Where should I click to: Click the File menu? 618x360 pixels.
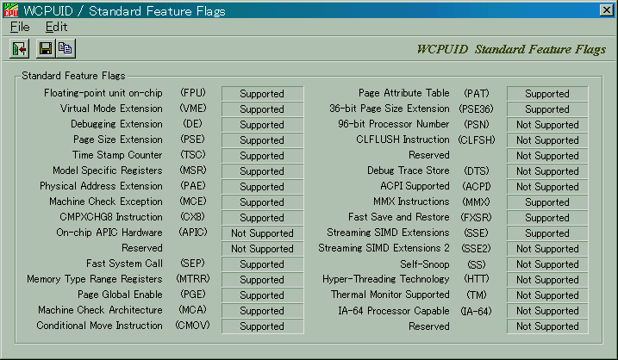click(20, 27)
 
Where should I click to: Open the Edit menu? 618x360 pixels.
click(56, 27)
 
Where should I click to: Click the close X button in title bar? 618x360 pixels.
click(606, 10)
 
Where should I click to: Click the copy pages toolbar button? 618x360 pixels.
click(66, 48)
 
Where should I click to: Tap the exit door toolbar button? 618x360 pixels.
click(19, 49)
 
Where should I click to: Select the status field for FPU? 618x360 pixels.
click(262, 94)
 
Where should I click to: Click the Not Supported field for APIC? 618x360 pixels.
click(262, 233)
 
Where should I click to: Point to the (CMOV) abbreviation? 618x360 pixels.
click(193, 326)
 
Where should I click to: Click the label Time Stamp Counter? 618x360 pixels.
click(117, 155)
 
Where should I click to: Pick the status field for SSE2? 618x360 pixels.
click(547, 249)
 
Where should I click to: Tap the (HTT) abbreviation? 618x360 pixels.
click(477, 279)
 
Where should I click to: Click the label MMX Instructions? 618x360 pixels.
click(411, 202)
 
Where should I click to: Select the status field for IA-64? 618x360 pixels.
click(547, 311)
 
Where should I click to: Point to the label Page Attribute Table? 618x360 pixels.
click(403, 93)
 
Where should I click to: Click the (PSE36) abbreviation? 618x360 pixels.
click(477, 109)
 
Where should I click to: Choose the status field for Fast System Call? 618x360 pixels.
click(262, 264)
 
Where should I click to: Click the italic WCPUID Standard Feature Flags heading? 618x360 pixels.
click(511, 49)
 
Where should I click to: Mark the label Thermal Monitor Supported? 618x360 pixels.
click(390, 295)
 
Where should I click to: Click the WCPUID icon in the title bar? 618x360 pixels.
click(10, 10)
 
